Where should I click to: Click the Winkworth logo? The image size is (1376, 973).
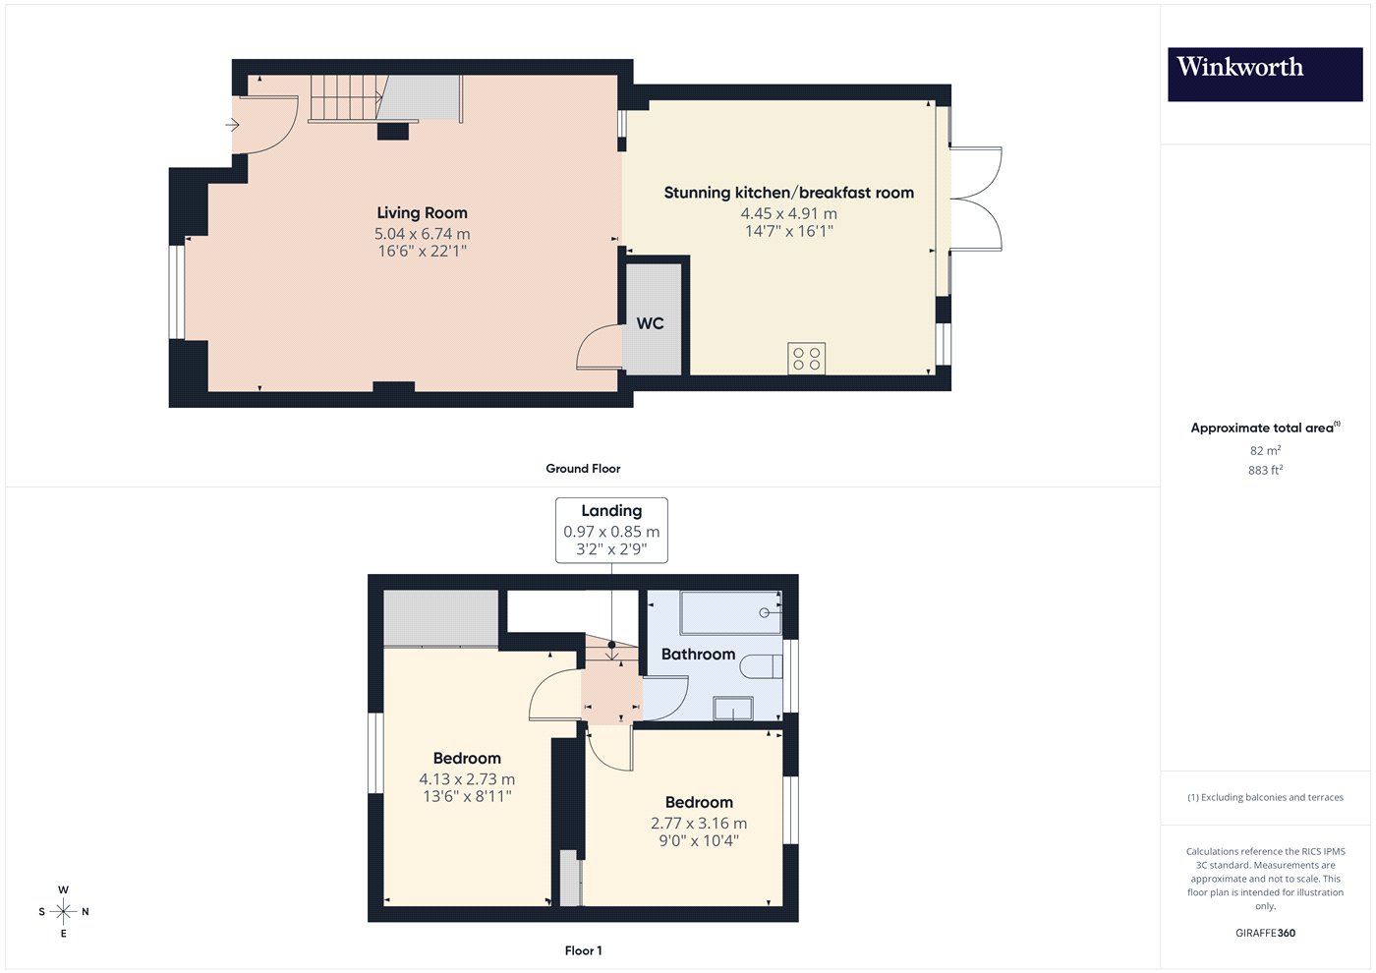[x=1265, y=75]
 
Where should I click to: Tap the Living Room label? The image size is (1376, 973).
[x=422, y=213]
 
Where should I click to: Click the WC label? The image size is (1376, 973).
[x=650, y=323]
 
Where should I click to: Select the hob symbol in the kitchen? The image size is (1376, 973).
[x=806, y=359]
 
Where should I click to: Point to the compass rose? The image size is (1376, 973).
[x=63, y=912]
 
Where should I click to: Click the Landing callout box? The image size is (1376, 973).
[x=611, y=530]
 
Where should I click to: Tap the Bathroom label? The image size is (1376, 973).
[x=698, y=655]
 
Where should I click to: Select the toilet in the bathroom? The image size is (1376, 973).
[x=762, y=666]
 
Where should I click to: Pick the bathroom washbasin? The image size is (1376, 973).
[x=733, y=709]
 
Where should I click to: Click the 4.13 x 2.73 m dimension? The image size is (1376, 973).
[x=467, y=779]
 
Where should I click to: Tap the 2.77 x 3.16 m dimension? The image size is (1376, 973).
[x=699, y=824]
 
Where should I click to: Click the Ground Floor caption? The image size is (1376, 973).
[x=583, y=469]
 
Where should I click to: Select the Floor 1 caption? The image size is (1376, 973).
[x=583, y=951]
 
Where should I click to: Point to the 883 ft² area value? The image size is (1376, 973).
[x=1265, y=470]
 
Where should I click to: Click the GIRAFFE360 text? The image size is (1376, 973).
[x=1265, y=933]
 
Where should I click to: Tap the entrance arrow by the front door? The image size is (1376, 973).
[x=232, y=126]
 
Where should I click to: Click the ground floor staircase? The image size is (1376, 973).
[x=384, y=98]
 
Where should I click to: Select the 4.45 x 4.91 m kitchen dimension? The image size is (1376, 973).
[x=788, y=214]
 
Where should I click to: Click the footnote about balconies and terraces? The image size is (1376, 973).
[x=1265, y=797]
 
